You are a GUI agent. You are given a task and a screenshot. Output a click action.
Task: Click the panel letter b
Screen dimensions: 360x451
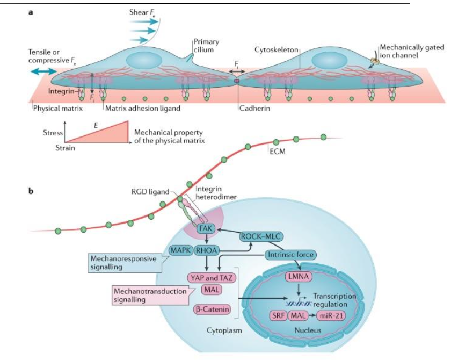(31, 190)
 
